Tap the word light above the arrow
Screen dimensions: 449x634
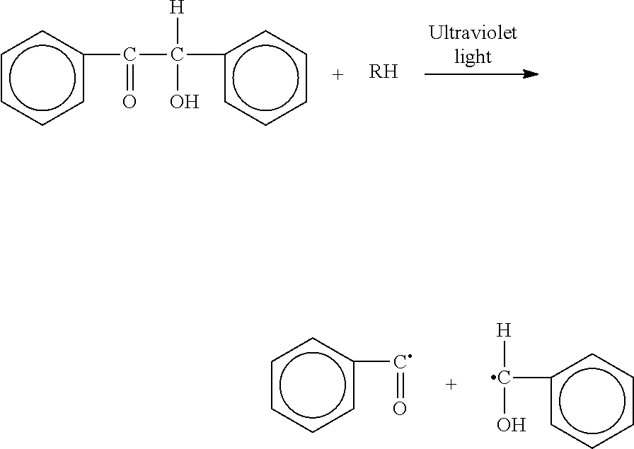pos(473,57)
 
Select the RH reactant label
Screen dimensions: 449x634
pos(384,72)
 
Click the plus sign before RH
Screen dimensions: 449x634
pos(338,74)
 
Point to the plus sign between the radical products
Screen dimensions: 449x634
pos(451,384)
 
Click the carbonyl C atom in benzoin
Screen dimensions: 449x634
pos(129,54)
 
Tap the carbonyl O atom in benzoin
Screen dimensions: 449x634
pos(129,103)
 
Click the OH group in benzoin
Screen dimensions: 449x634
pos(184,103)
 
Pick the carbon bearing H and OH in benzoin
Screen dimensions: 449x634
pos(177,54)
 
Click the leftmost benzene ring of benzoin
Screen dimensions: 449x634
pos(42,77)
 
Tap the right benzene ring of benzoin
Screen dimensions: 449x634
pos(265,77)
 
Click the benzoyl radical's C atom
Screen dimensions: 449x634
pos(400,363)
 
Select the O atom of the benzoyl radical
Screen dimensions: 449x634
pos(400,409)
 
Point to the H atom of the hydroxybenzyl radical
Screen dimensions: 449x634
pos(504,330)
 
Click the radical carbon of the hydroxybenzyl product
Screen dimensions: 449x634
pos(503,378)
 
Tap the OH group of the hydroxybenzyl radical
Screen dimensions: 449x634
pos(511,425)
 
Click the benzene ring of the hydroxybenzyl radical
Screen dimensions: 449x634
pos(592,401)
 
